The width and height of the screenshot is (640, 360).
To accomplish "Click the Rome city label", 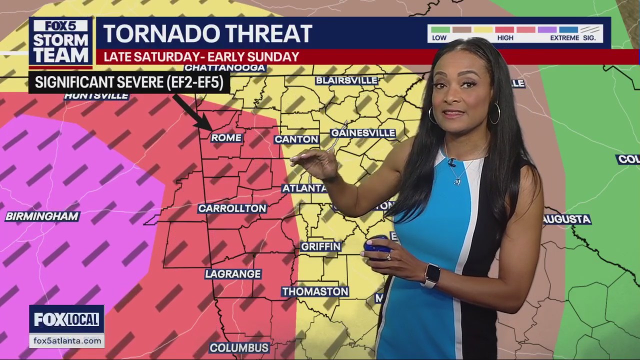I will tap(226, 137).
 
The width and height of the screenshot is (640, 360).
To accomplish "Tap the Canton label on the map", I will tap(296, 139).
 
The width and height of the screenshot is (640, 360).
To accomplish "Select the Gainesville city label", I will tap(363, 133).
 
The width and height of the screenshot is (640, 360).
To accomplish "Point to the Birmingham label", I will tap(42, 216).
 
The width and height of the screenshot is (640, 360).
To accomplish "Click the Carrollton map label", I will tap(232, 208).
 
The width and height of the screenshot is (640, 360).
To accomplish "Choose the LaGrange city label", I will tap(233, 274).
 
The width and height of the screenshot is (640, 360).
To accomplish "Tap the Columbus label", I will tap(239, 347).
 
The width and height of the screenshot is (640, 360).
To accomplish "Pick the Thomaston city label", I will tap(315, 291).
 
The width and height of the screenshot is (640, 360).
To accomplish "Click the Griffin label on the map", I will tap(320, 246).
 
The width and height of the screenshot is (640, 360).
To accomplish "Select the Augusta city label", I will tap(566, 219).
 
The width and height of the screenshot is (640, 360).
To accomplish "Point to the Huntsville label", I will tap(96, 96).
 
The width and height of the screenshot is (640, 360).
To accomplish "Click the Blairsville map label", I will tap(346, 80).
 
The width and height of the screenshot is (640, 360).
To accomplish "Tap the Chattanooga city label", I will tap(224, 68).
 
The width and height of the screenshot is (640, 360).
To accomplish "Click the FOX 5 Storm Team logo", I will tap(60, 42).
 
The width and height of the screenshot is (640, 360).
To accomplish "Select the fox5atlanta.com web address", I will tap(67, 340).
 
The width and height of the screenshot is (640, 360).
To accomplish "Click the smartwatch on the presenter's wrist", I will tap(431, 275).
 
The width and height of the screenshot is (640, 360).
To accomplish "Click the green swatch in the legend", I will tap(440, 29).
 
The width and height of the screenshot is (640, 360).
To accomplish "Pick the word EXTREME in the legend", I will tap(564, 38).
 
